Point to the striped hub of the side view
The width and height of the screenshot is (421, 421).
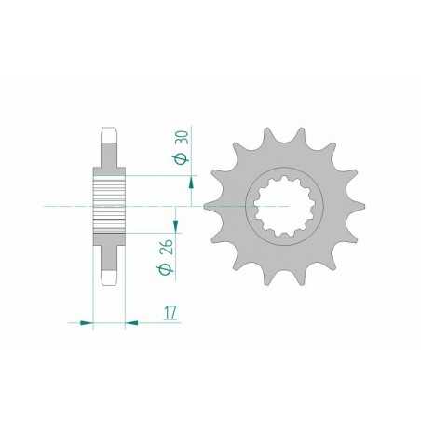[109, 203]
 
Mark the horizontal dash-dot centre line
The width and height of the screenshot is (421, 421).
[149, 204]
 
